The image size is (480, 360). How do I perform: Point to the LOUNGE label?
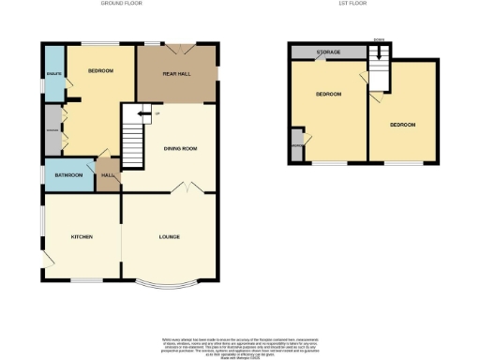pyautogui.click(x=170, y=236)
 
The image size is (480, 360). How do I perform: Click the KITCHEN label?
pyautogui.click(x=82, y=237)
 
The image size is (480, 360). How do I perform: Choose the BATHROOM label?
pyautogui.click(x=68, y=175)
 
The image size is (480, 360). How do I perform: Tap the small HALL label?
pyautogui.click(x=108, y=175)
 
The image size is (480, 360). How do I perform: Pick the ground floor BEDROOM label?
pyautogui.click(x=100, y=72)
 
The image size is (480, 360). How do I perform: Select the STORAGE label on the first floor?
pyautogui.click(x=327, y=53)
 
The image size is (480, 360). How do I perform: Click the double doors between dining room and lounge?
pyautogui.click(x=185, y=188)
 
